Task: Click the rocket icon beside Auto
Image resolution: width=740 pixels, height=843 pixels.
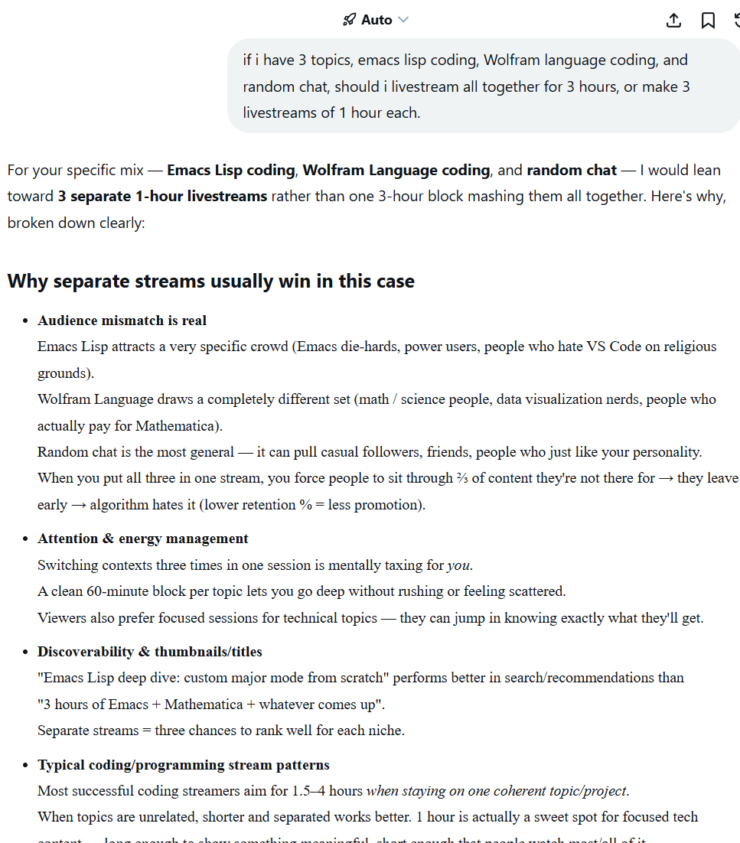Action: pyautogui.click(x=349, y=20)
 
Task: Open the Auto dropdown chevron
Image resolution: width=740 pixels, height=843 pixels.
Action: pyautogui.click(x=403, y=20)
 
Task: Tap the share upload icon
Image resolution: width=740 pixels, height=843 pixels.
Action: pyautogui.click(x=673, y=20)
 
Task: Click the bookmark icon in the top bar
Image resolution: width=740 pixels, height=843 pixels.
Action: pyautogui.click(x=708, y=20)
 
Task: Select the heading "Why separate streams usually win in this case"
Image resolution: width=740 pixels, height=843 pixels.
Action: pyautogui.click(x=210, y=281)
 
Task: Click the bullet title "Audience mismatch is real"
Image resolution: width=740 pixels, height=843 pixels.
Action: pyautogui.click(x=122, y=321)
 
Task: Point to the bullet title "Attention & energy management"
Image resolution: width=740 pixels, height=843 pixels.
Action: pyautogui.click(x=142, y=539)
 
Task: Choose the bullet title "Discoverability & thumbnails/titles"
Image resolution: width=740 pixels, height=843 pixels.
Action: pyautogui.click(x=149, y=652)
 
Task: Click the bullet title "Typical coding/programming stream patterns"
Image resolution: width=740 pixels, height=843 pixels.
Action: pyautogui.click(x=183, y=765)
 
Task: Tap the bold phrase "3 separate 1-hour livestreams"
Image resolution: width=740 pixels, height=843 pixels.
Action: pyautogui.click(x=162, y=196)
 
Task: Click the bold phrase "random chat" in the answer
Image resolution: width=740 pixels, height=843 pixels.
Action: pyautogui.click(x=571, y=170)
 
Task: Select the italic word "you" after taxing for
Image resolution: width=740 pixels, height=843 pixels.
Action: pyautogui.click(x=458, y=565)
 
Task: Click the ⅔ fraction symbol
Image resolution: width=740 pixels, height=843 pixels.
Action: pyautogui.click(x=463, y=478)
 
